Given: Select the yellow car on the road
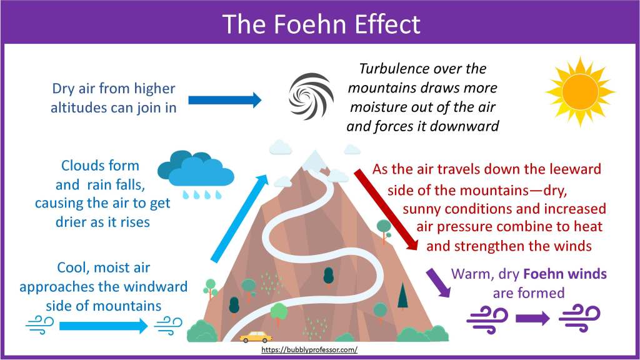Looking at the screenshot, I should (x=256, y=337).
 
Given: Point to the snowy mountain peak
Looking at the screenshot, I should (x=311, y=159).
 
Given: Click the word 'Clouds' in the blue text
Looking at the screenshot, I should (x=82, y=166).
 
